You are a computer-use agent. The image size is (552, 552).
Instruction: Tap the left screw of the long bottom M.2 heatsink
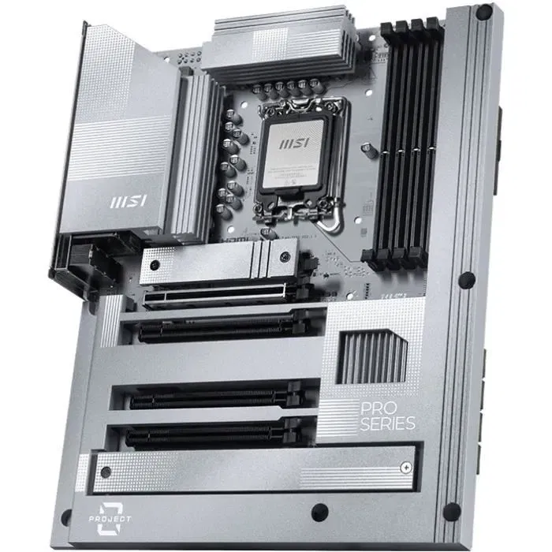(106, 472)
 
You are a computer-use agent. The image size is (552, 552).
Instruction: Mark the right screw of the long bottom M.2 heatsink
(402, 454)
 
